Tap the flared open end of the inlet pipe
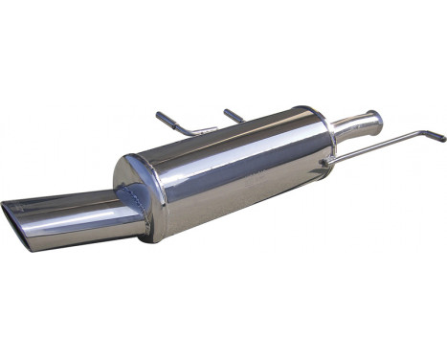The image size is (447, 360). (375, 121)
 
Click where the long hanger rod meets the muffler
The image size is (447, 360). (327, 162)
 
